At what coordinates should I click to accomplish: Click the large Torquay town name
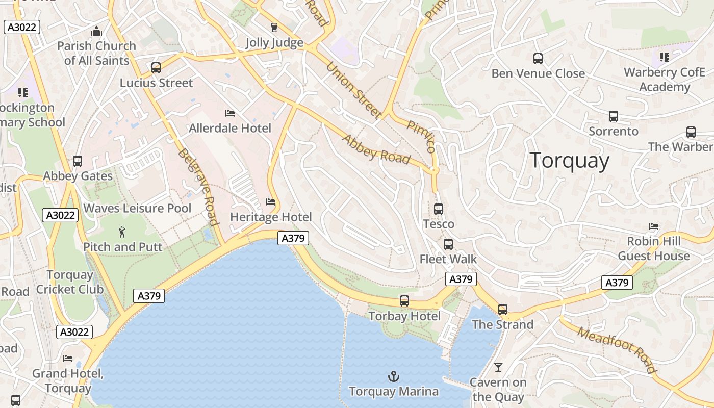click(569, 161)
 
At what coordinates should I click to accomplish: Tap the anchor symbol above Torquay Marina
click(393, 377)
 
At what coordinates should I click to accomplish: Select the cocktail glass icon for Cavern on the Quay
click(498, 367)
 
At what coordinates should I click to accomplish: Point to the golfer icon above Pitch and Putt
click(122, 233)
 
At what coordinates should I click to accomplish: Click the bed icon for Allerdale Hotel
click(230, 113)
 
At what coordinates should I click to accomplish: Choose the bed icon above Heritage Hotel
click(271, 202)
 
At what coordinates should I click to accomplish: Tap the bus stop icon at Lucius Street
click(156, 68)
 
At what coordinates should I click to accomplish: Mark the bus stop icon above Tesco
click(439, 209)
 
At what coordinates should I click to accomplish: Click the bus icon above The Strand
click(503, 310)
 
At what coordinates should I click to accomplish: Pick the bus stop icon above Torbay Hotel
click(404, 301)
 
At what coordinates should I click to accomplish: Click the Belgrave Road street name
click(198, 187)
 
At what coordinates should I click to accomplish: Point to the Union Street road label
click(354, 91)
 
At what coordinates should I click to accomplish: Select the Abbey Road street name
click(376, 149)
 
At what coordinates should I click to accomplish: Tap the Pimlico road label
click(421, 137)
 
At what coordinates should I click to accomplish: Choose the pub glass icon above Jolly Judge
click(274, 28)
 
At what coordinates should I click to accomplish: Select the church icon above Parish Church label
click(96, 32)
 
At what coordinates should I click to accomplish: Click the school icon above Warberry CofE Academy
click(664, 57)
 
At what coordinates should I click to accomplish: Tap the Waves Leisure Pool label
click(137, 208)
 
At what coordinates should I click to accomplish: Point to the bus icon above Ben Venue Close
click(538, 59)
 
